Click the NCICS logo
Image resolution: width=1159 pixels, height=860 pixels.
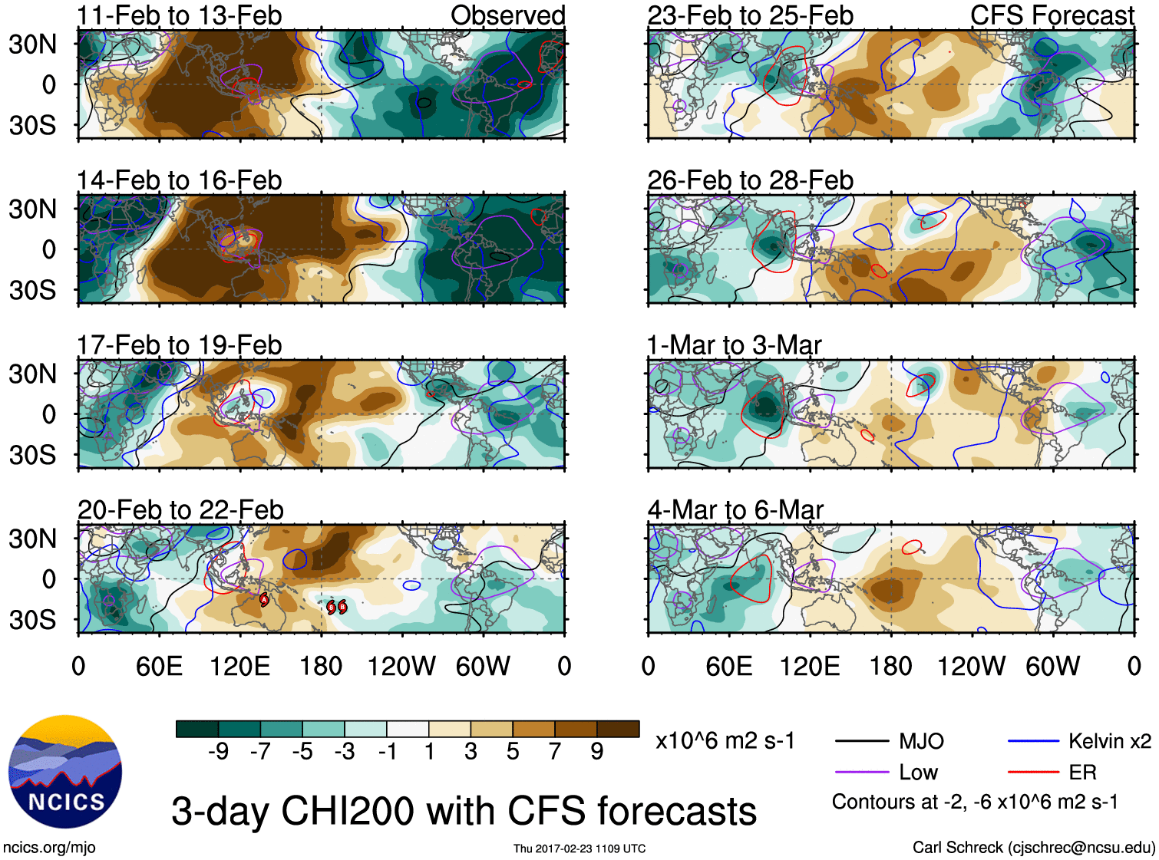point(65,772)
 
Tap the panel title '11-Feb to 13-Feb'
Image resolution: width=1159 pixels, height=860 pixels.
point(179,15)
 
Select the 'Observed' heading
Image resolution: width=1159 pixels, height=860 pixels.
point(507,15)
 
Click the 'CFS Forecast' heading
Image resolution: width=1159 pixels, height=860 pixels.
point(1052,15)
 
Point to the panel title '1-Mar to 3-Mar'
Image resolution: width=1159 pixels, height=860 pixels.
point(734,345)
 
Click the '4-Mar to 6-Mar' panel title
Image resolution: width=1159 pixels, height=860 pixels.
point(735,510)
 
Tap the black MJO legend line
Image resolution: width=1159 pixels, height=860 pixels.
point(863,741)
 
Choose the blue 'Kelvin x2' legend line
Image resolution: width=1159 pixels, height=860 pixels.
point(1033,741)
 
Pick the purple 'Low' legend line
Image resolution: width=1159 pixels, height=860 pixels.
point(863,773)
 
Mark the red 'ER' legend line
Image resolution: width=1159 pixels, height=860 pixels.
point(1033,773)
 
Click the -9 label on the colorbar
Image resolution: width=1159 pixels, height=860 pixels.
point(218,751)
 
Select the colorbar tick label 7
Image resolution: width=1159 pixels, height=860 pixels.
point(555,751)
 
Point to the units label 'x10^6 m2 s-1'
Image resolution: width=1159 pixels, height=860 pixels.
point(725,741)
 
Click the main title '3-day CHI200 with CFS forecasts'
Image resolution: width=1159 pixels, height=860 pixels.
point(464,811)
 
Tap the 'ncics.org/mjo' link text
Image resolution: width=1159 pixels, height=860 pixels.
point(49,848)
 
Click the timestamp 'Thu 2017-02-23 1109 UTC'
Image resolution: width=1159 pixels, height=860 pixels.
point(579,848)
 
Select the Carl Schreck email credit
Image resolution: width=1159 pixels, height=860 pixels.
point(1033,848)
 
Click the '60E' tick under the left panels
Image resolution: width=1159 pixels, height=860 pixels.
point(159,666)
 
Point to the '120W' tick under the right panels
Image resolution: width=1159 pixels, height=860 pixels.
point(971,666)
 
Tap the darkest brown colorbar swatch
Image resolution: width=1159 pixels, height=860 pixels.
point(618,729)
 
